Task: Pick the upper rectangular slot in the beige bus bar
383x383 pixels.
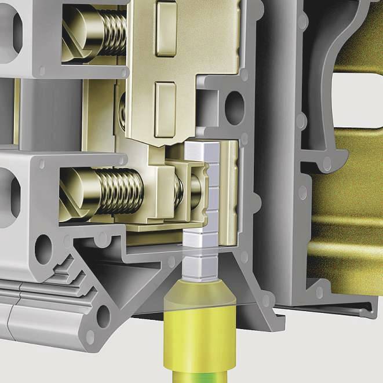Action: pos(165,23)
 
